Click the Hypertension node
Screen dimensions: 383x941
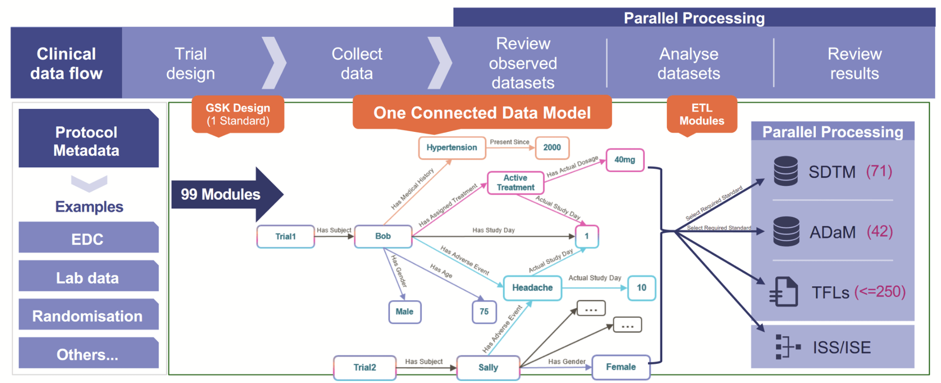(x=451, y=148)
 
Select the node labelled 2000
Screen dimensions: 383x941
(x=552, y=148)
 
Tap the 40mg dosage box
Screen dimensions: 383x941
(x=625, y=160)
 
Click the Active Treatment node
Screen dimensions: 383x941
(x=515, y=182)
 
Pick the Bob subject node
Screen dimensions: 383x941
(x=383, y=236)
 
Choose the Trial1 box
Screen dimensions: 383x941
(x=286, y=236)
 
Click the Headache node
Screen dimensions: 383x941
(x=532, y=288)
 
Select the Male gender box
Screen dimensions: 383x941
(x=404, y=312)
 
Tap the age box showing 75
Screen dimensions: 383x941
(x=484, y=312)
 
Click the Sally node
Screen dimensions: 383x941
(x=488, y=368)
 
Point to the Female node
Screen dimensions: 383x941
(x=621, y=367)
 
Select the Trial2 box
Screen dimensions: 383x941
(x=365, y=368)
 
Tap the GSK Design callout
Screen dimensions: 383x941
(x=237, y=115)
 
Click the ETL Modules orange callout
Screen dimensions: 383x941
(x=702, y=115)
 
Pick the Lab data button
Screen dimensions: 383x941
(x=88, y=278)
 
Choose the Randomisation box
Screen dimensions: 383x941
(x=88, y=316)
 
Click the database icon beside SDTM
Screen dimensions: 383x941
(x=785, y=171)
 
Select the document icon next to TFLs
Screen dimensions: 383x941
(x=784, y=292)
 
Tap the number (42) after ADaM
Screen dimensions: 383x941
(x=880, y=231)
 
